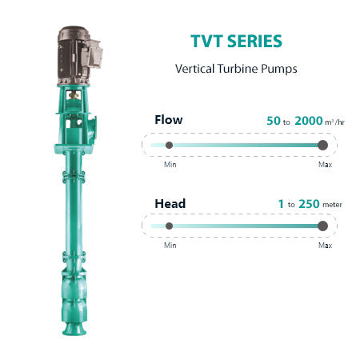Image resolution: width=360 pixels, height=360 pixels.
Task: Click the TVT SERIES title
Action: tap(236, 41)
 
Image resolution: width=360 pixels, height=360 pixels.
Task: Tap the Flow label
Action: tap(169, 120)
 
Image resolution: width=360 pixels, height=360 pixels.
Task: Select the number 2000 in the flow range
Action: tap(309, 121)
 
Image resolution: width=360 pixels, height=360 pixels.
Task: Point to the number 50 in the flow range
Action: tap(274, 121)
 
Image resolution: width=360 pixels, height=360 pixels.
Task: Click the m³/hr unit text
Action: tap(334, 122)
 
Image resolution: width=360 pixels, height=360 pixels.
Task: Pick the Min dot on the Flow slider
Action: tap(169, 145)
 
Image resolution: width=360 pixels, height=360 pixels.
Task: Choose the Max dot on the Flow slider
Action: tap(322, 145)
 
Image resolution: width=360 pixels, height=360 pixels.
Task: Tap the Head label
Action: tap(170, 204)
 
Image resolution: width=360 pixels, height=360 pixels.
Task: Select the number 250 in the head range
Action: tap(309, 204)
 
